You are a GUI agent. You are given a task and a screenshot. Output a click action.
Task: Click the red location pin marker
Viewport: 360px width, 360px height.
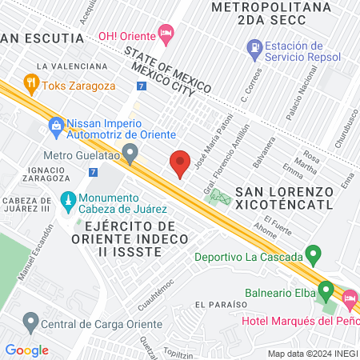[180, 163]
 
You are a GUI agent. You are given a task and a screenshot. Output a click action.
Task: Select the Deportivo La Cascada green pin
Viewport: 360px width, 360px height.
[314, 257]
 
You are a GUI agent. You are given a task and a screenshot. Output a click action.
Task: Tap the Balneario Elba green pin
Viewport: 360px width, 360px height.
[326, 289]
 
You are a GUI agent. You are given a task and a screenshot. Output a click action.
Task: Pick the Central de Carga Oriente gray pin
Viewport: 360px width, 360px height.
[31, 323]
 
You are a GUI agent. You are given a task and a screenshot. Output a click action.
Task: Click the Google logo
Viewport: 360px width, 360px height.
[26, 350]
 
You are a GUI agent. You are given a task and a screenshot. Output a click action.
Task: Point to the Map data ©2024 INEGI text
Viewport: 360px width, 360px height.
[312, 354]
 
